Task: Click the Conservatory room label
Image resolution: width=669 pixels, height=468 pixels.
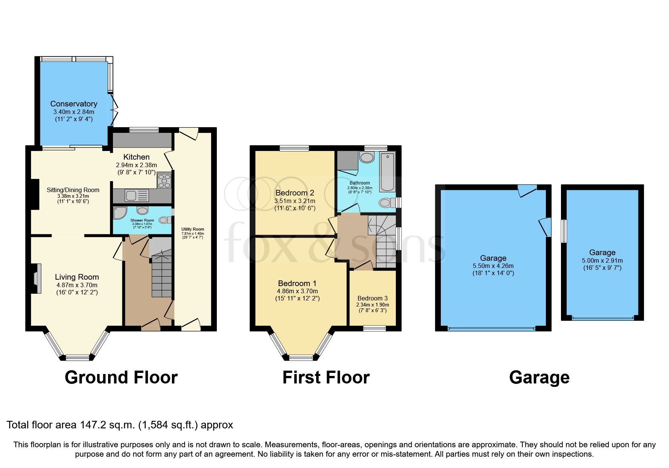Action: click(x=74, y=104)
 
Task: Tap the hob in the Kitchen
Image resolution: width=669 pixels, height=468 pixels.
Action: click(x=164, y=180)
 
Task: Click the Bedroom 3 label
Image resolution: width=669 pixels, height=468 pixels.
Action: click(x=372, y=298)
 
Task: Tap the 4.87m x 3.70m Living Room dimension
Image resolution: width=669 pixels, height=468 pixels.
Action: click(x=77, y=285)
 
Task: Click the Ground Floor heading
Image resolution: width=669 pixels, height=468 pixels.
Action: click(x=121, y=377)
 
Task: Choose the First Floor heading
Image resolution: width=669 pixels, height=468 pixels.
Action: click(x=326, y=377)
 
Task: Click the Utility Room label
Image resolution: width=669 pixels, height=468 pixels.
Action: click(x=193, y=229)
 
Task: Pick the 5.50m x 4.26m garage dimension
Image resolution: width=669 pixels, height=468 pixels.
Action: click(x=493, y=266)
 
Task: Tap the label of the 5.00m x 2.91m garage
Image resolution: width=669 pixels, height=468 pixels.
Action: click(x=602, y=252)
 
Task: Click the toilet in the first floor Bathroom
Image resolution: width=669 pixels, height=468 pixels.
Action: click(x=385, y=203)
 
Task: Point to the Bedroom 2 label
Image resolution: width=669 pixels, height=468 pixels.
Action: click(x=295, y=193)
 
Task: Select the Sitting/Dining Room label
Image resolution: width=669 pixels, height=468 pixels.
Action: click(x=73, y=190)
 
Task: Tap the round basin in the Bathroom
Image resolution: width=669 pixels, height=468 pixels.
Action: click(x=366, y=157)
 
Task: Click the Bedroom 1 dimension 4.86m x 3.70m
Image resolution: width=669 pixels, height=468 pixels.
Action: click(x=297, y=291)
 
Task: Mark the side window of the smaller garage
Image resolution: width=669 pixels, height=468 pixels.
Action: click(x=564, y=231)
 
